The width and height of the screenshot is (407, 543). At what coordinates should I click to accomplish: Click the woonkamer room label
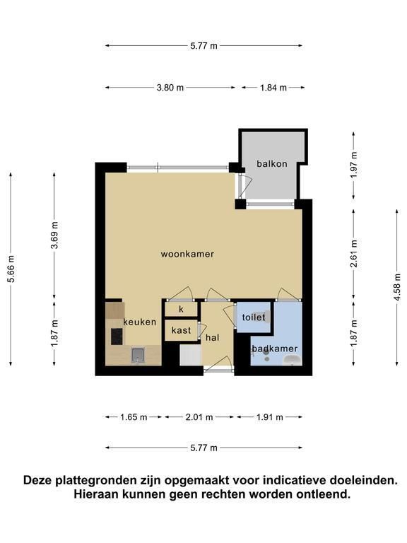click(187, 254)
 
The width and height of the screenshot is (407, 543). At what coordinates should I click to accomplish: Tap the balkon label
click(271, 163)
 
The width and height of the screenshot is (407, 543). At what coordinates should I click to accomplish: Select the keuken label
click(139, 322)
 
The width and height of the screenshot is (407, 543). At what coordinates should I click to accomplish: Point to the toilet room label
click(254, 317)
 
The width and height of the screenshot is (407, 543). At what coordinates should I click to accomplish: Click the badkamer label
click(275, 349)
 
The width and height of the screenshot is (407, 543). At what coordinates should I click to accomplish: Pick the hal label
click(212, 337)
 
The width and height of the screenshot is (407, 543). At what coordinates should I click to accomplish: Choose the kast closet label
click(181, 330)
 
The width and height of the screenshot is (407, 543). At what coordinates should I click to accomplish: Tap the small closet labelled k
click(181, 309)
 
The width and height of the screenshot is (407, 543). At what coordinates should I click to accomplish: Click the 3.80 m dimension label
click(170, 88)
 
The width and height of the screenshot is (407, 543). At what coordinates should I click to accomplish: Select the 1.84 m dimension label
click(273, 88)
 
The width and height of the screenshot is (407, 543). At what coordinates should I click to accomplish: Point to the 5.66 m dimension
click(11, 269)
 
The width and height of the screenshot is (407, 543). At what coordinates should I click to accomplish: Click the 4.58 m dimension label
click(397, 287)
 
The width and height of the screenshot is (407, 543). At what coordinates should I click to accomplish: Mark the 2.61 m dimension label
click(353, 254)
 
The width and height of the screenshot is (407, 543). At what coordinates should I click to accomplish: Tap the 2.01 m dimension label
click(199, 417)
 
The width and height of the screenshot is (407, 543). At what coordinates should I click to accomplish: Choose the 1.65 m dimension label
click(134, 417)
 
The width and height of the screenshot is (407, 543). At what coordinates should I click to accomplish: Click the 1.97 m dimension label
click(353, 165)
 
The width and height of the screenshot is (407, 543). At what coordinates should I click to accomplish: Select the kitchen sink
click(137, 355)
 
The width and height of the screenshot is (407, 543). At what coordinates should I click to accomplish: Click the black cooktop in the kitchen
click(117, 337)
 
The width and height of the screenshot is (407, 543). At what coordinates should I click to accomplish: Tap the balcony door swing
click(247, 186)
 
